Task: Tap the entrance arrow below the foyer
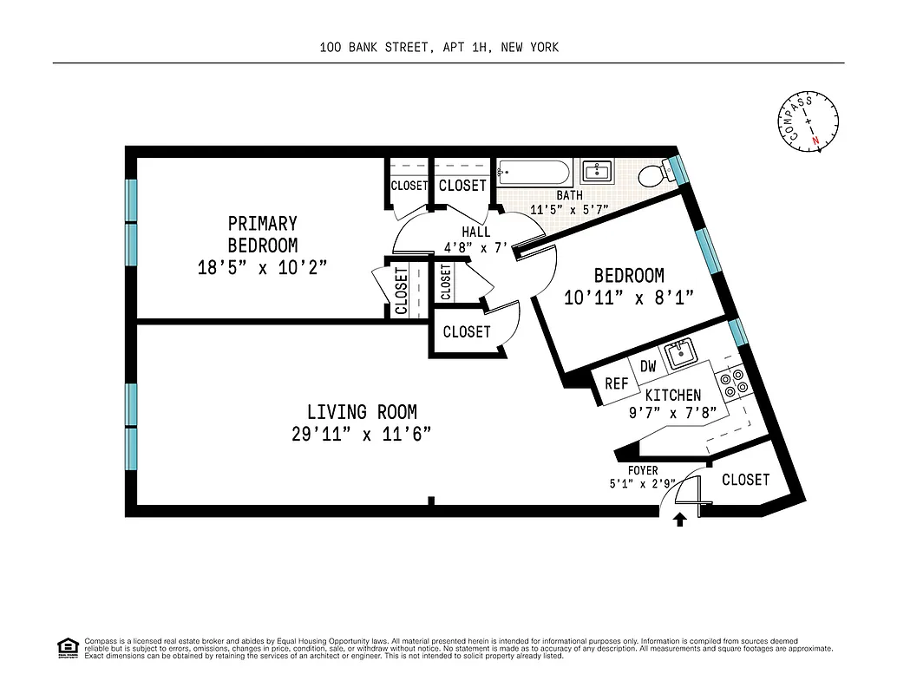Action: (x=680, y=519)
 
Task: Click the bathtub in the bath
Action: (x=534, y=173)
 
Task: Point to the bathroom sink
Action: (x=596, y=171)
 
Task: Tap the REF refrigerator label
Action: (x=616, y=383)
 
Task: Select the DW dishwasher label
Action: (x=648, y=366)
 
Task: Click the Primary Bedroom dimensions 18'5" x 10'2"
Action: (x=262, y=267)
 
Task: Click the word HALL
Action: (x=475, y=232)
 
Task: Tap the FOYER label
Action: (x=643, y=471)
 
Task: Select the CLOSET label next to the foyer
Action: (x=745, y=480)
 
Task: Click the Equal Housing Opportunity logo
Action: (x=67, y=646)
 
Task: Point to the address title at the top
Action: (x=439, y=48)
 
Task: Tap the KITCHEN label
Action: (x=673, y=396)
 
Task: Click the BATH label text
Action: (x=569, y=196)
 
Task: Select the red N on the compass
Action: (x=815, y=141)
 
